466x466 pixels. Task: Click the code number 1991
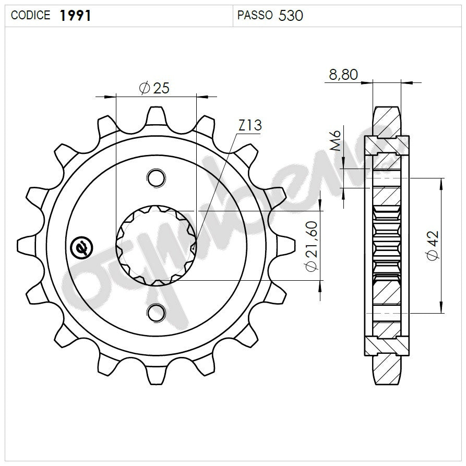click(76, 16)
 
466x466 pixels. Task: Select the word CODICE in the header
click(31, 16)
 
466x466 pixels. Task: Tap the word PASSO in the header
click(255, 16)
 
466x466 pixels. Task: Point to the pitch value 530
click(291, 16)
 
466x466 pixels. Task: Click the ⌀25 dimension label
click(154, 88)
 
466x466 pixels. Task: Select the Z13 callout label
click(250, 125)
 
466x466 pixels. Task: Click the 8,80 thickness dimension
click(343, 75)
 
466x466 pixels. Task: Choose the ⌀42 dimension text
click(433, 245)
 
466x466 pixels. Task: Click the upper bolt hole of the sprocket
click(156, 178)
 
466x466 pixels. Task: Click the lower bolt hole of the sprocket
click(156, 313)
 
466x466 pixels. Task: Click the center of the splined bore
click(156, 245)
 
